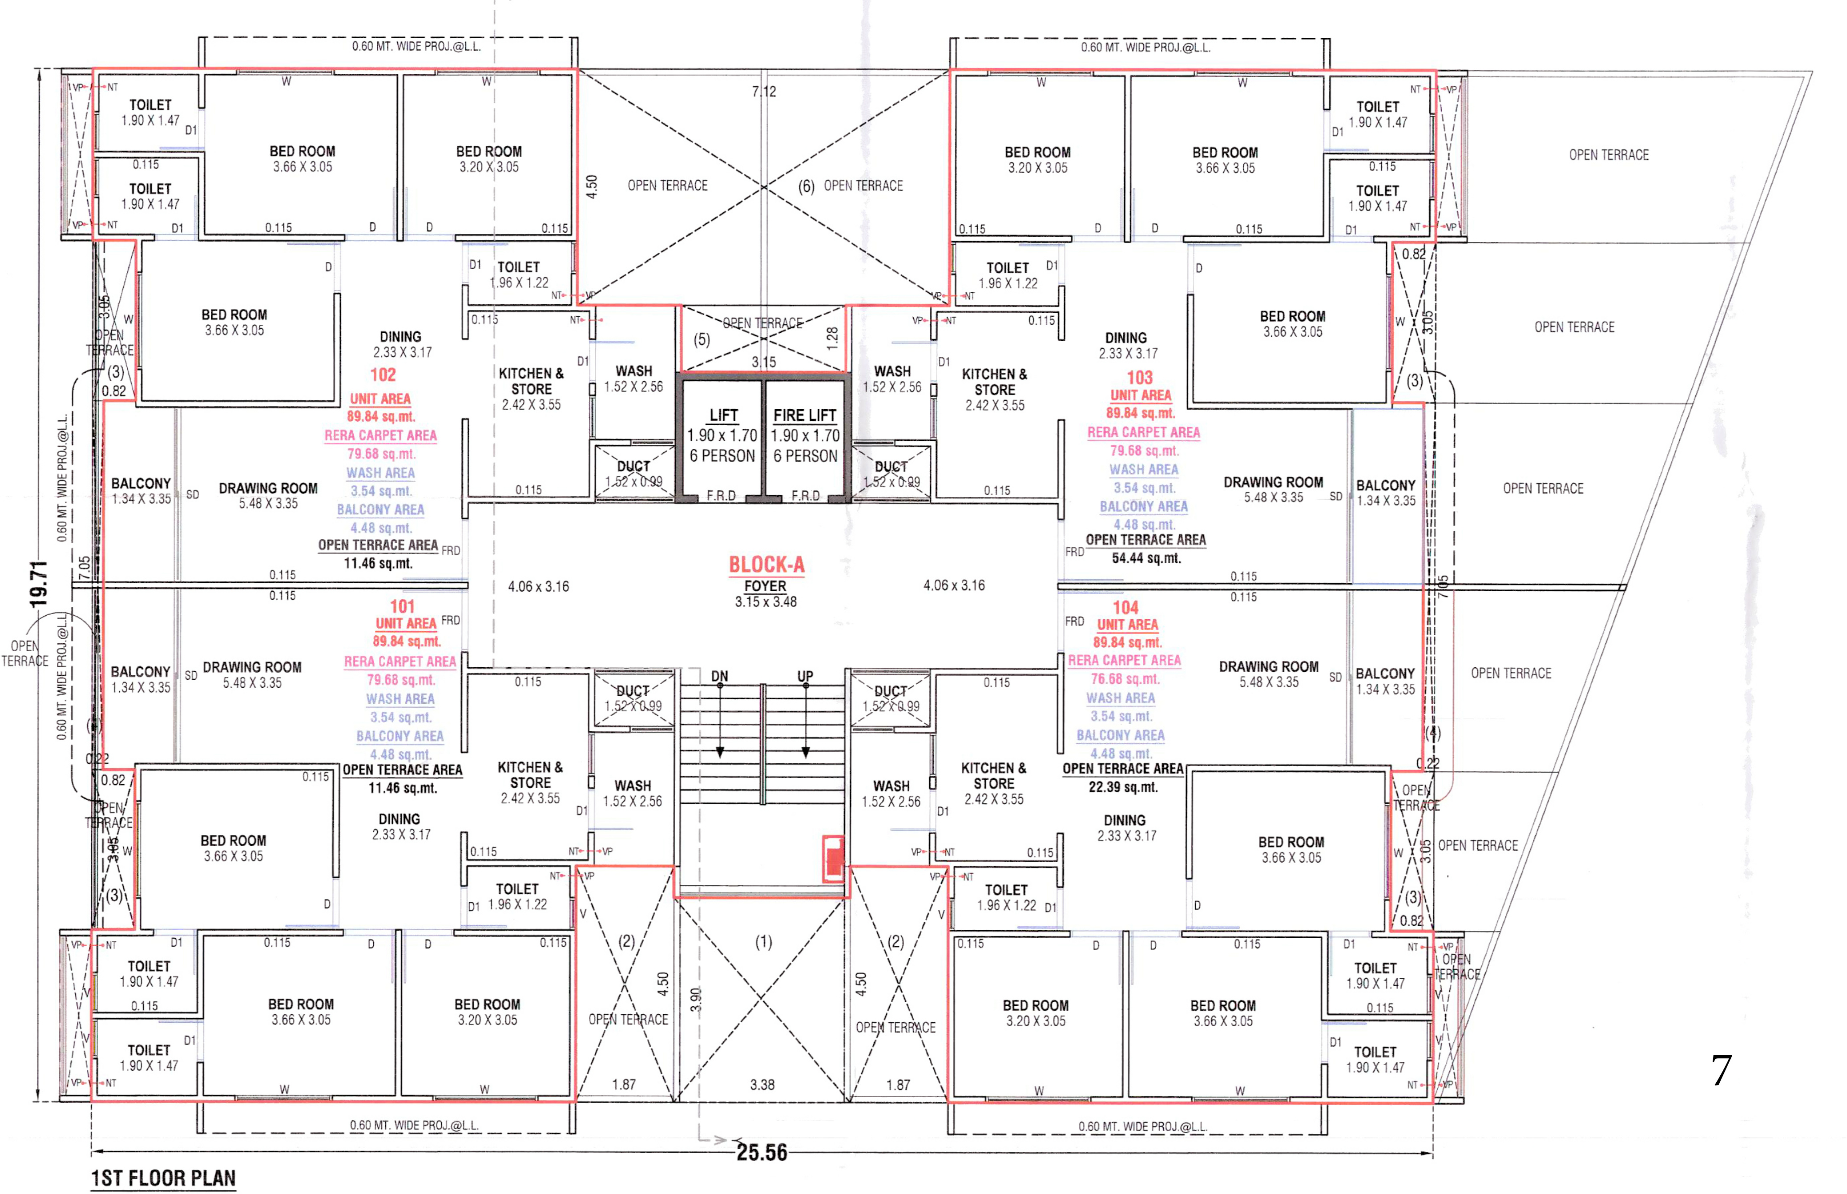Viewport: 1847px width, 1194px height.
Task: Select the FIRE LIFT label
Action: click(805, 415)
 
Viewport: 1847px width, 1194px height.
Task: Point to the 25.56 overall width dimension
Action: click(762, 1153)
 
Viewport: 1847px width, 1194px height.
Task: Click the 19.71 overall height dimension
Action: click(39, 584)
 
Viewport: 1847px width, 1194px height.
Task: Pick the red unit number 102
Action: click(383, 375)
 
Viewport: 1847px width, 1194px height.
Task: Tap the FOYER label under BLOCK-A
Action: click(765, 587)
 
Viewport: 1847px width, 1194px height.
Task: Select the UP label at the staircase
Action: click(805, 676)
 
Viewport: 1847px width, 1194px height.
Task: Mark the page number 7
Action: click(1721, 1072)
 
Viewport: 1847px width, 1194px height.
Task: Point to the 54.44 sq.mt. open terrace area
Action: click(1146, 558)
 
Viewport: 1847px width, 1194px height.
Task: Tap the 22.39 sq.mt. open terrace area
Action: click(1123, 787)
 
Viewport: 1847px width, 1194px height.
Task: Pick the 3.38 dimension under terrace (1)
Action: click(762, 1085)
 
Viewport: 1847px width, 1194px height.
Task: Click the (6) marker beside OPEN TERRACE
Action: click(806, 186)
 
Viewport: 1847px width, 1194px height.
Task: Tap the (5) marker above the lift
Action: click(702, 339)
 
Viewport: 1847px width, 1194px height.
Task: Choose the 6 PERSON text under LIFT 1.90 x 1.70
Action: click(722, 456)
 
